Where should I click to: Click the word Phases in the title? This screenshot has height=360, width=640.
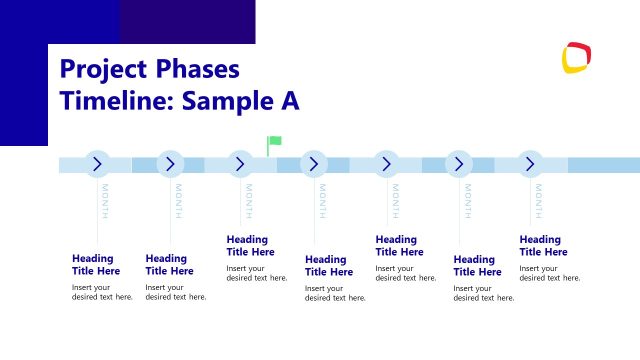point(191,69)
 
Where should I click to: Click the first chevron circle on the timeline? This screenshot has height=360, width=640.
point(97,164)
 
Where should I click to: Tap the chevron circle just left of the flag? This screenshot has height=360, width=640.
point(240,164)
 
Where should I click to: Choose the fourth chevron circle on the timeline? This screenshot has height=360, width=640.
point(314,164)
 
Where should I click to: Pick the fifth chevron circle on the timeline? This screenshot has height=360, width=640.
point(387,164)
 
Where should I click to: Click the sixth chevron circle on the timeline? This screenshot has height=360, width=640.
point(459,164)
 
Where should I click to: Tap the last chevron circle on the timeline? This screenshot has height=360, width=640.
point(530,164)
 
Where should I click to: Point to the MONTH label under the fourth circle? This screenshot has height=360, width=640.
point(322,201)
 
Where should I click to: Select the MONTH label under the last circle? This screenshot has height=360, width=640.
point(539,201)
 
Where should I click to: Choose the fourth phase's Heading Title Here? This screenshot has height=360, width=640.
point(329,266)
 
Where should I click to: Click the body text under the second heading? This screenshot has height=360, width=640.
point(175,292)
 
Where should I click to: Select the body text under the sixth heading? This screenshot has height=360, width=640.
point(483,292)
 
